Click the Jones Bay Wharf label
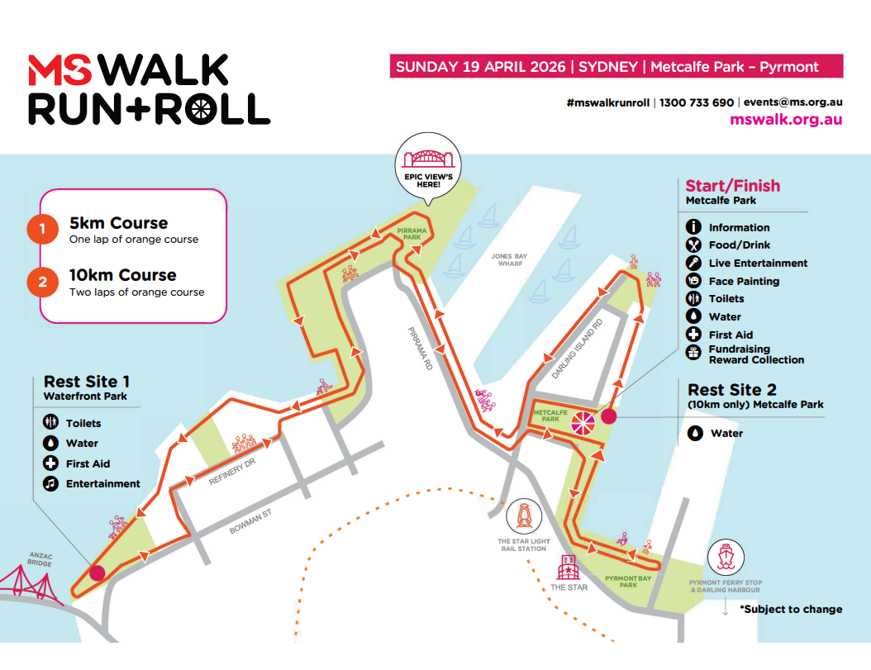(509, 261)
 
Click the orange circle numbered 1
(42, 230)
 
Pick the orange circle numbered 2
(42, 282)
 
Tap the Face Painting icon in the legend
(694, 281)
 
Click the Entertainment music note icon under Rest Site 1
(50, 484)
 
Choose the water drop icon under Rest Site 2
(695, 433)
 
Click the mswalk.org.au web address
(786, 120)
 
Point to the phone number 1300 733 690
(696, 103)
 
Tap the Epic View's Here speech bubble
(427, 165)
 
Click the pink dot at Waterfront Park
(97, 573)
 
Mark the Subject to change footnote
(791, 609)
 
